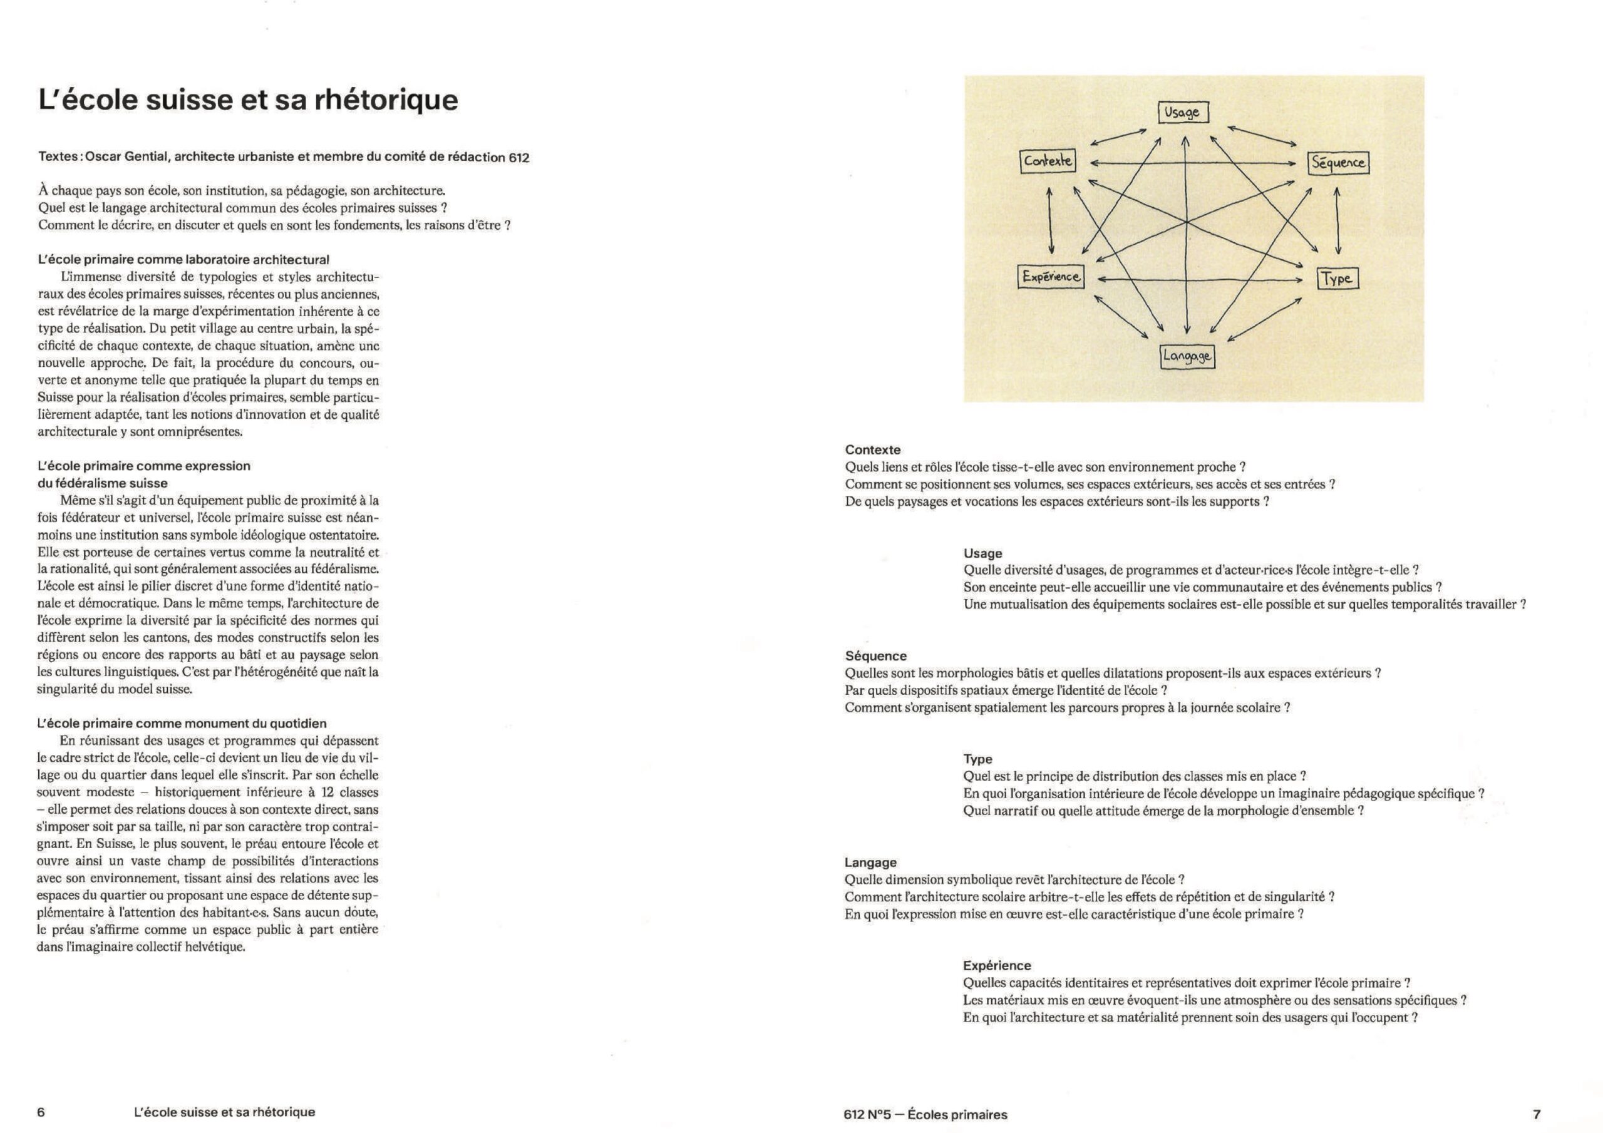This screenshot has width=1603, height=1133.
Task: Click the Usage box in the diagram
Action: (1183, 113)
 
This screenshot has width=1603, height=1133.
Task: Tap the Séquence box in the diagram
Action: (1338, 163)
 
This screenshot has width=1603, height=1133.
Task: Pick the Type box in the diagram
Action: (1337, 279)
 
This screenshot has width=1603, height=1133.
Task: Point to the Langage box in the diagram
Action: (1187, 357)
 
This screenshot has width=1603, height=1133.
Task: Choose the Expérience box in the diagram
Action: (1051, 277)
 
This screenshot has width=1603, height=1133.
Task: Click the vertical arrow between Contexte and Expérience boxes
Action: (1051, 220)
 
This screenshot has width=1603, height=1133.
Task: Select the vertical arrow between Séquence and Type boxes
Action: (1338, 220)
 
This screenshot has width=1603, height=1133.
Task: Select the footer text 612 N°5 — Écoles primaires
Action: (925, 1114)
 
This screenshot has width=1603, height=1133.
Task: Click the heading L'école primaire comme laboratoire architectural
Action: (183, 260)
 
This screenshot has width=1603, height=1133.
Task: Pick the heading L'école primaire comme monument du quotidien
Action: (182, 723)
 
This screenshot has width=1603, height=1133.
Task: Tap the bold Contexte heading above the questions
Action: (873, 449)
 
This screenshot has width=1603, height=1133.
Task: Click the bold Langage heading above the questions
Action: (870, 862)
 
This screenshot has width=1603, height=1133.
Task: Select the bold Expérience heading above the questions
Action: (996, 965)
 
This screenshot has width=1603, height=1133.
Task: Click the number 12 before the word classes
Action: (328, 792)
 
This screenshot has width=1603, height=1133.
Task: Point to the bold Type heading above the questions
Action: (977, 759)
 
